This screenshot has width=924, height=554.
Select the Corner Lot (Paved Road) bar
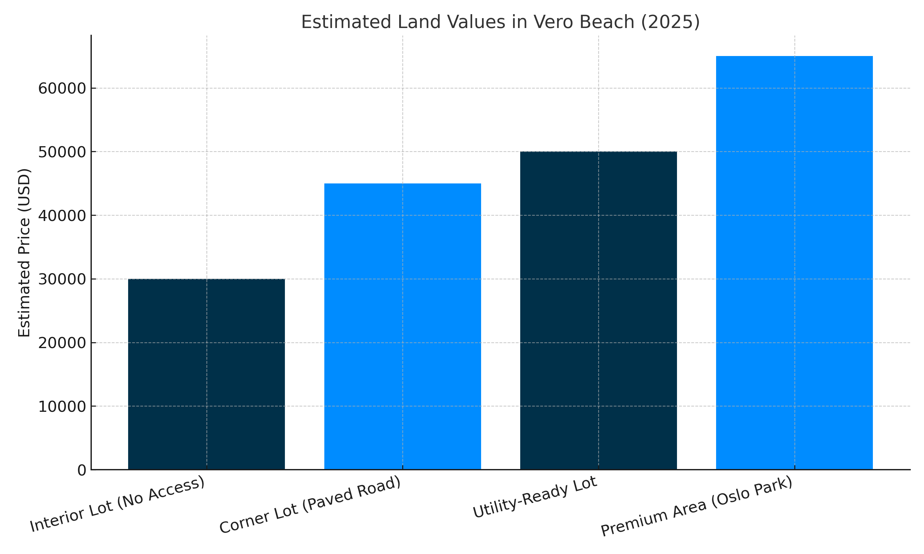[402, 326]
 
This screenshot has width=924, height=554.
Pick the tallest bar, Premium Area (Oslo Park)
[794, 263]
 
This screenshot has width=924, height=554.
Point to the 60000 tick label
[62, 89]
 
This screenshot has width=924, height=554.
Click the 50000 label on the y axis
[62, 152]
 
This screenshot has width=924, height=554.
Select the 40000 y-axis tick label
[62, 216]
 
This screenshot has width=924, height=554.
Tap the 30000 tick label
[62, 279]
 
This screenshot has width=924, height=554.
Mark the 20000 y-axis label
[62, 343]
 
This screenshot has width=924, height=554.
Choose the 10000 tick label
[62, 407]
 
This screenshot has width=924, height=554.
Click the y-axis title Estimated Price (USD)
[24, 253]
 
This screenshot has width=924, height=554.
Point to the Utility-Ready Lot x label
[534, 497]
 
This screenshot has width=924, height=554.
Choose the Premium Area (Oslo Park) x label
[696, 506]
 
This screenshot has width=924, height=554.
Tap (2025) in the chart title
[671, 22]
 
